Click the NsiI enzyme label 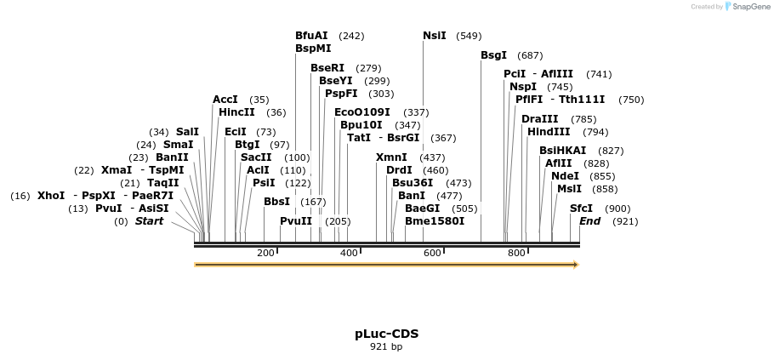pos(434,36)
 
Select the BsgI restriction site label pos(493,55)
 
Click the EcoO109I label pos(362,112)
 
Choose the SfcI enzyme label pos(581,209)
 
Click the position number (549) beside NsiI pos(469,36)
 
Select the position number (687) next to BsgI pos(530,55)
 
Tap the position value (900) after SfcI pos(617,209)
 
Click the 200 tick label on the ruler pos(265,253)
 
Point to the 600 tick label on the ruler pos(432,253)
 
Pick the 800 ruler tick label pos(516,253)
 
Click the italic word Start pos(149,221)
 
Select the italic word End pos(589,221)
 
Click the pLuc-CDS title pos(386,334)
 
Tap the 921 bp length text pos(386,346)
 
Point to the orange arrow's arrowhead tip pos(578,265)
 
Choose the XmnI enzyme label pos(391,157)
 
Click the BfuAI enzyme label pos(311,36)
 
